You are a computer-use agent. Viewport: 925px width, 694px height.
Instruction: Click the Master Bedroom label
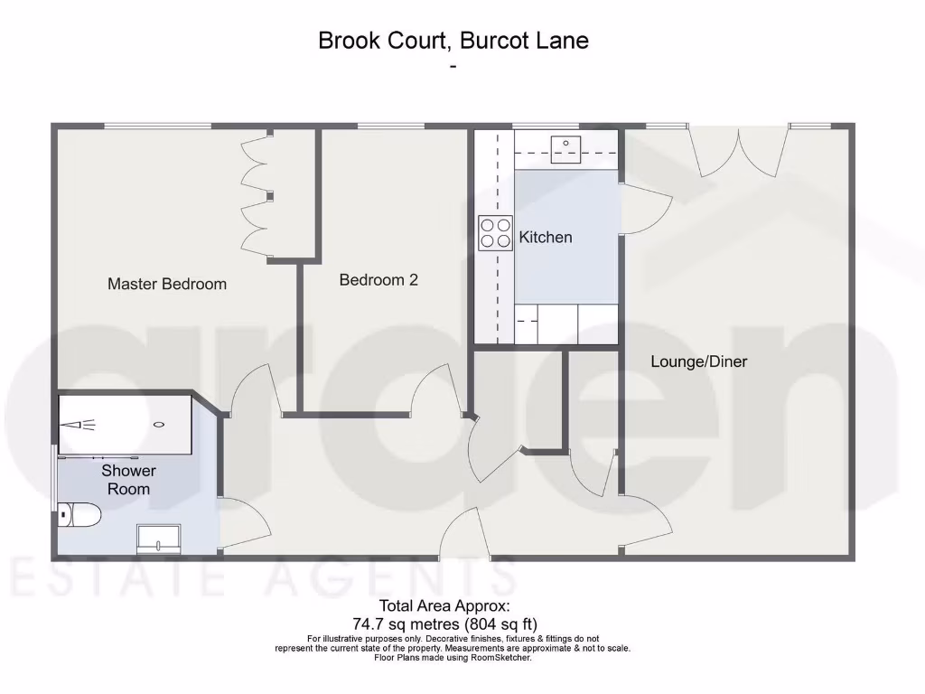[x=167, y=284]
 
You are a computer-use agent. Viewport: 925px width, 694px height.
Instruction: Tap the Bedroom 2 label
[x=378, y=280]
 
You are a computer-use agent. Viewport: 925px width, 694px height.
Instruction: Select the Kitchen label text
[x=546, y=238]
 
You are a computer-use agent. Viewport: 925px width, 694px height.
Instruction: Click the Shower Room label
[x=128, y=480]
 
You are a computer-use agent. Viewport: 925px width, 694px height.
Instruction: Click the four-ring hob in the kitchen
[x=495, y=233]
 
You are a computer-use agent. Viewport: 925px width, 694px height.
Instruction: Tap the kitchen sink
[x=567, y=144]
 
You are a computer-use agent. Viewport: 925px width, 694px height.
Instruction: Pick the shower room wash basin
[x=158, y=539]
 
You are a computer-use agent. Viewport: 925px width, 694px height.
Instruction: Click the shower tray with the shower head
[x=125, y=425]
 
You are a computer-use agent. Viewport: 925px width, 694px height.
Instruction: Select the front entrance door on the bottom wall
[x=462, y=533]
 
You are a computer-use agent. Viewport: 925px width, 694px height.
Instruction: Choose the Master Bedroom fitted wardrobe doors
[x=255, y=197]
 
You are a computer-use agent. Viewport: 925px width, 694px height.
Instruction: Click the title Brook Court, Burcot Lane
[x=453, y=41]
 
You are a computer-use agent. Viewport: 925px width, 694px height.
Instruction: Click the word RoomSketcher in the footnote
[x=504, y=658]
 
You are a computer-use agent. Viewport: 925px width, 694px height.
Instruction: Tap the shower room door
[x=242, y=524]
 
